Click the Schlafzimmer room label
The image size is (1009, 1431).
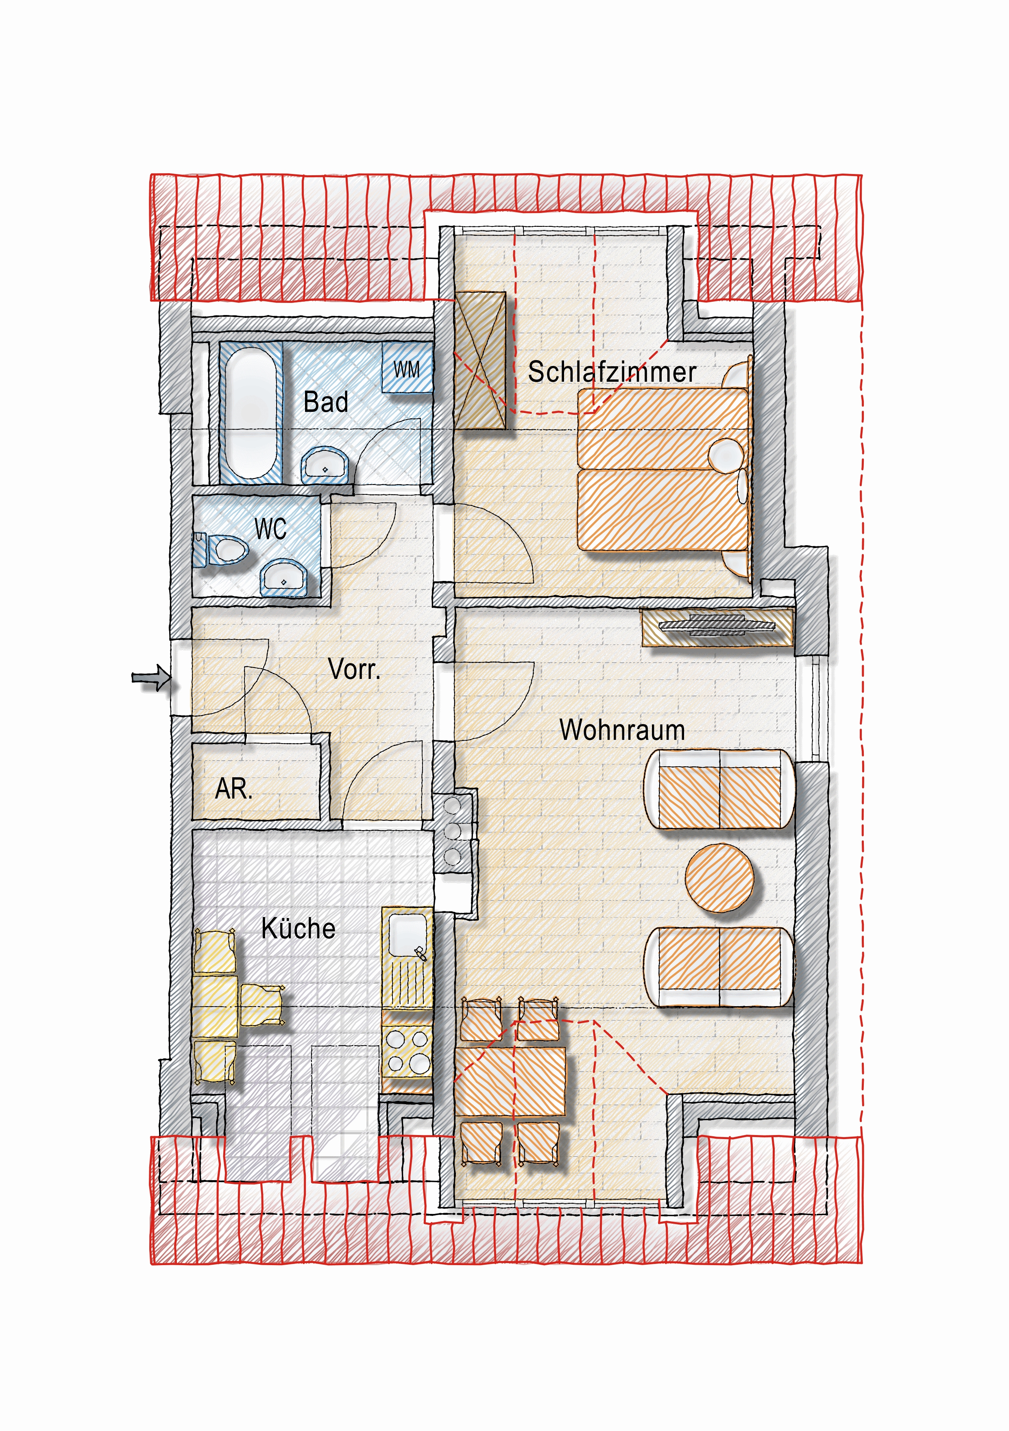click(x=612, y=372)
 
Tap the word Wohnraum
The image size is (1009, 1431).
click(x=622, y=730)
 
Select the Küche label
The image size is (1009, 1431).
click(x=298, y=928)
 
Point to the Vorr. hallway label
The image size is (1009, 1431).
click(x=353, y=670)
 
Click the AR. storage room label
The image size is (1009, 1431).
click(x=234, y=789)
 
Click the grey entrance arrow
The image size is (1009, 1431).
click(x=150, y=677)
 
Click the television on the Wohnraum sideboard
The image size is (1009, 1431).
click(x=717, y=625)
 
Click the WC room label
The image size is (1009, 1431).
click(x=270, y=529)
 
